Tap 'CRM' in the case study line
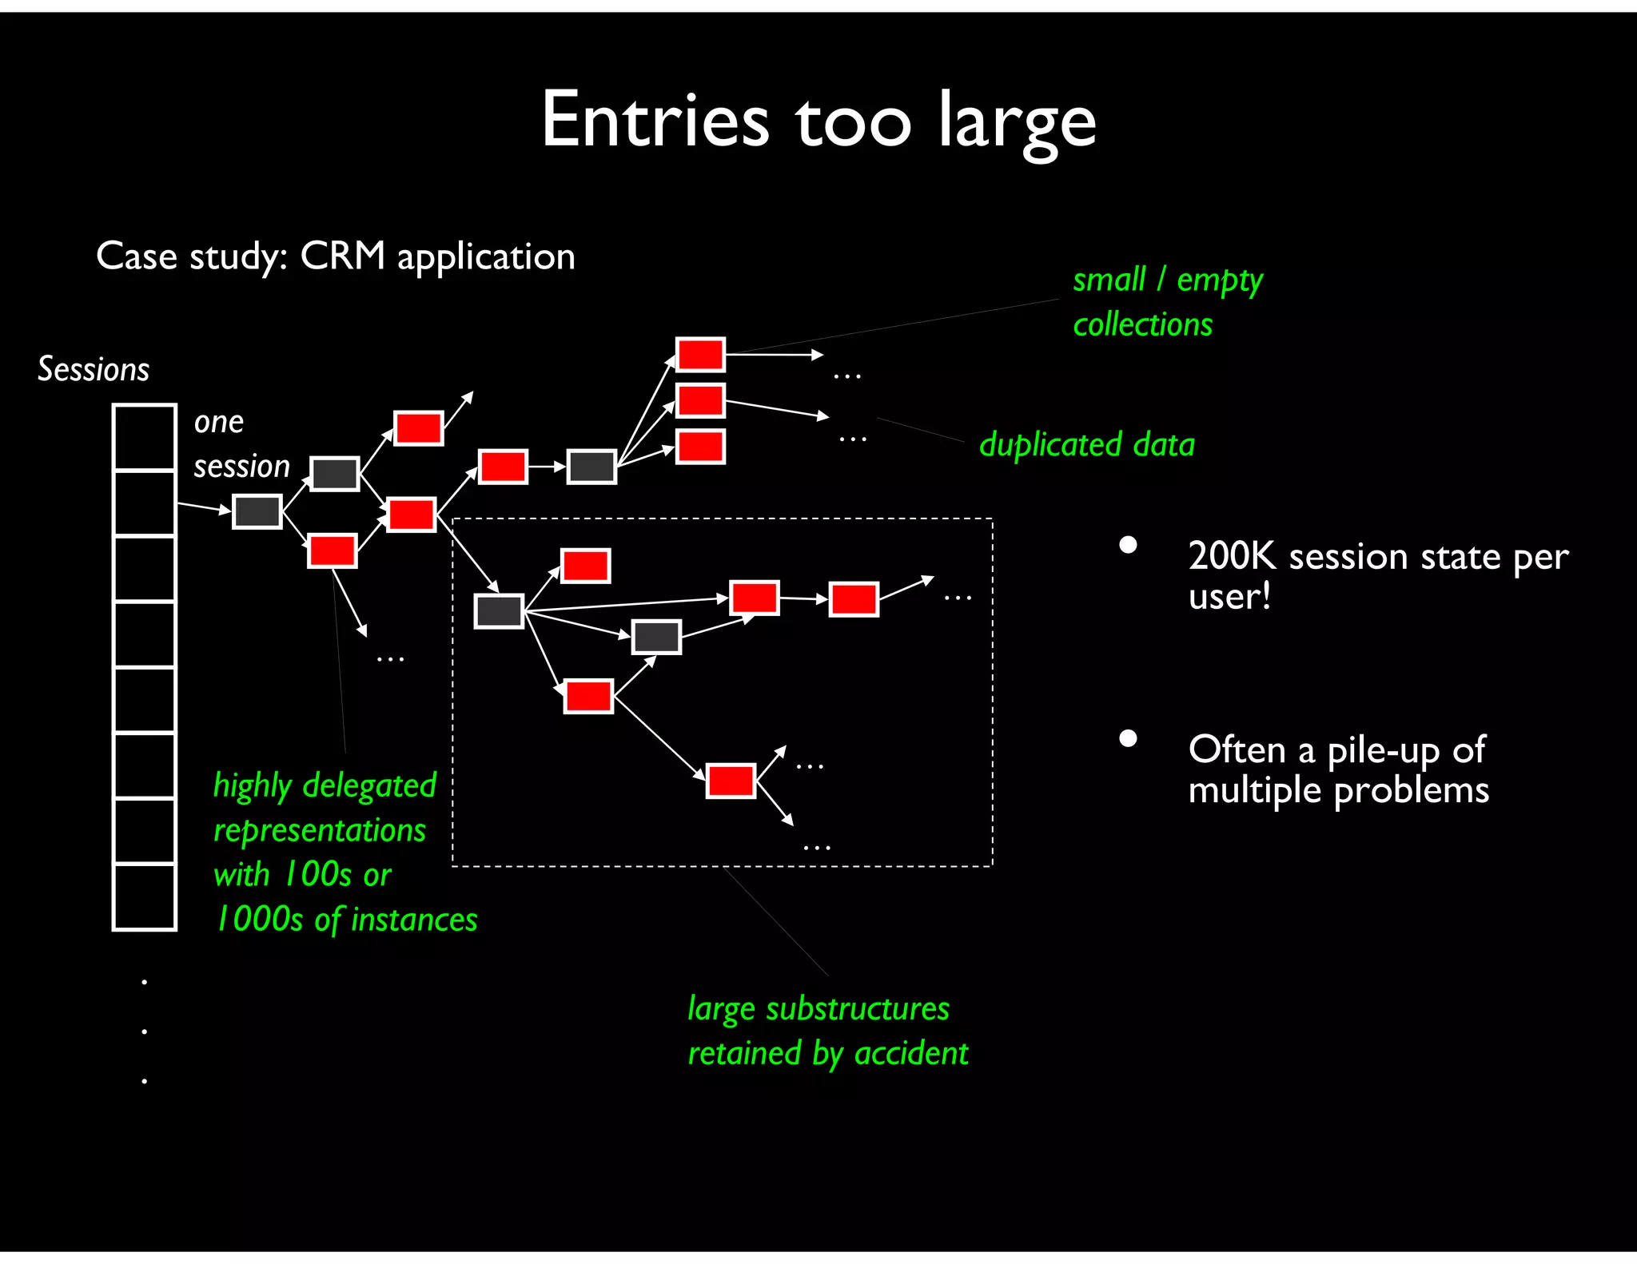(342, 256)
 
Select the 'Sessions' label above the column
(94, 369)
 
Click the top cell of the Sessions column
(144, 437)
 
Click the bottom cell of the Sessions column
(144, 896)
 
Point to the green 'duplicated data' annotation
(1086, 444)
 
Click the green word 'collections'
(1142, 324)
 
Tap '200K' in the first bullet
(1231, 556)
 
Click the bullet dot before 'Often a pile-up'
(1128, 738)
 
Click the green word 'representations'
(320, 830)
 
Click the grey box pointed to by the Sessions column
(257, 511)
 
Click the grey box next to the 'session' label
(334, 474)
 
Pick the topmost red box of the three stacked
(700, 355)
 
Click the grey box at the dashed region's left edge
(499, 611)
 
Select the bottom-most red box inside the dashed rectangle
(731, 781)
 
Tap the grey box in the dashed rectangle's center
(656, 637)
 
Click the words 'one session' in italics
(240, 444)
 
